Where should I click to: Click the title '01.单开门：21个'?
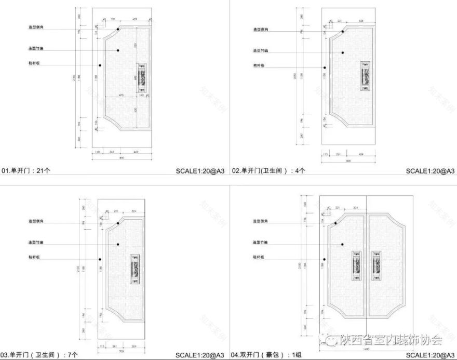click(26, 170)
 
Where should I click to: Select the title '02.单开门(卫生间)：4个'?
click(268, 170)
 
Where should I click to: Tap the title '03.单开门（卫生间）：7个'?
click(40, 355)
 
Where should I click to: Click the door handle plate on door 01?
click(142, 78)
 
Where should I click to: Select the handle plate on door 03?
click(135, 269)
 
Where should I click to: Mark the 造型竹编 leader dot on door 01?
click(118, 50)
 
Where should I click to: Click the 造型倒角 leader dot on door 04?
click(335, 223)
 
